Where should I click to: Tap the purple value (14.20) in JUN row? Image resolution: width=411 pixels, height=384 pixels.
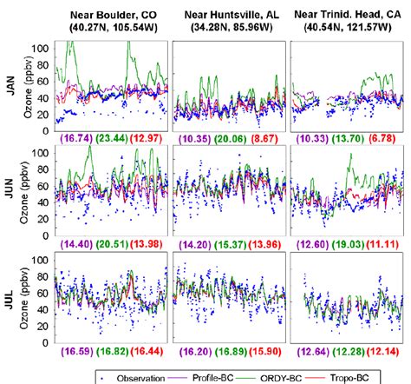click(x=191, y=240)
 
